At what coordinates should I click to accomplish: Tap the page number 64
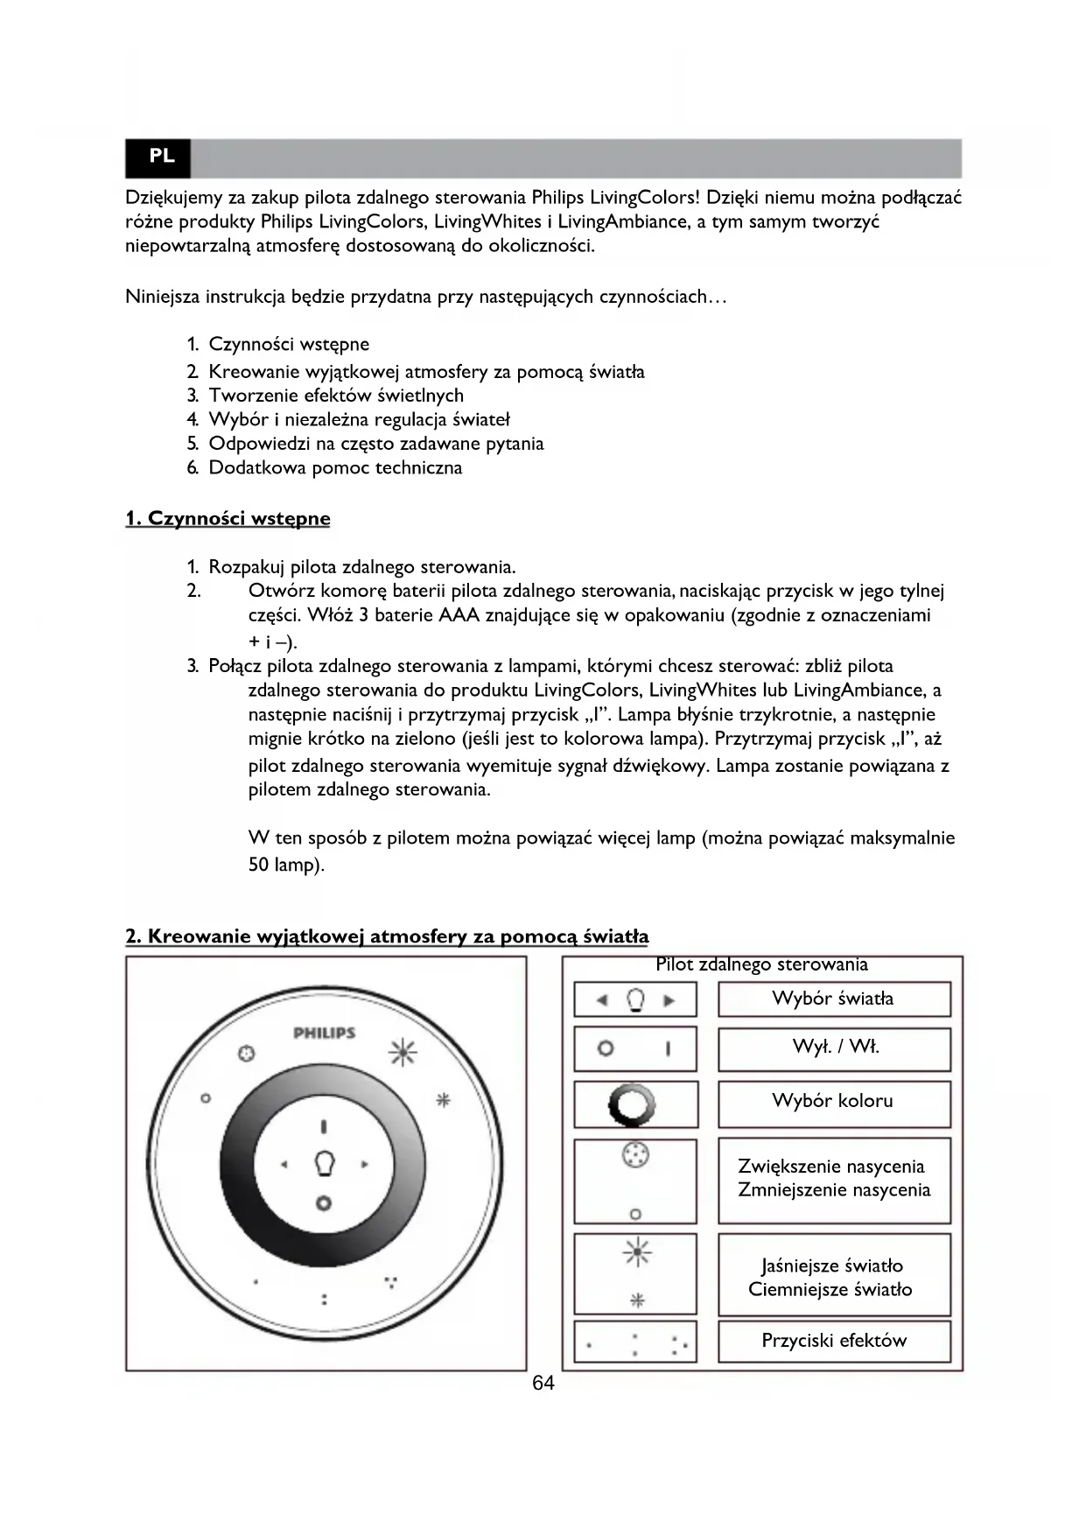click(x=543, y=1383)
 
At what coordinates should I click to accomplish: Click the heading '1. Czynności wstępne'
click(x=228, y=518)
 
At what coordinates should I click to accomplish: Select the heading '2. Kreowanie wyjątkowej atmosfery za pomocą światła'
click(x=387, y=936)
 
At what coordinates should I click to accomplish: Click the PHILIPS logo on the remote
click(x=324, y=1033)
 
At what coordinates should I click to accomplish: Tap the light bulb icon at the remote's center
click(x=325, y=1164)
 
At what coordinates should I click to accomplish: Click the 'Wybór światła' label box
click(x=833, y=999)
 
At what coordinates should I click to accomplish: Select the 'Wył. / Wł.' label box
click(x=833, y=1048)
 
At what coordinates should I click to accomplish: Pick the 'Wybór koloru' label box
click(x=833, y=1101)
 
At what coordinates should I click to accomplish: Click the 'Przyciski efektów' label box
click(x=833, y=1341)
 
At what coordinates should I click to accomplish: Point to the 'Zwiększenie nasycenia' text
click(x=830, y=1166)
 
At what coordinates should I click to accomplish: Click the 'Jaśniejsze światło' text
click(x=830, y=1265)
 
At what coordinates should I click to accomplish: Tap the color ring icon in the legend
click(x=636, y=1104)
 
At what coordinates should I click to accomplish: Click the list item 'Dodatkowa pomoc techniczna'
click(x=335, y=467)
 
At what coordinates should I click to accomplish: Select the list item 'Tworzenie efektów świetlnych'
click(x=336, y=396)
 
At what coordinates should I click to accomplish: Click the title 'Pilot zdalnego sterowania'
click(x=761, y=964)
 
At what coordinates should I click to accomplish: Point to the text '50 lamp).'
click(x=286, y=866)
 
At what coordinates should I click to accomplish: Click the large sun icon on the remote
click(x=403, y=1052)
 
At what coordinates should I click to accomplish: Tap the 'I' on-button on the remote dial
click(x=324, y=1126)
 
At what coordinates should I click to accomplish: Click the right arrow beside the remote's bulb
click(x=365, y=1165)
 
